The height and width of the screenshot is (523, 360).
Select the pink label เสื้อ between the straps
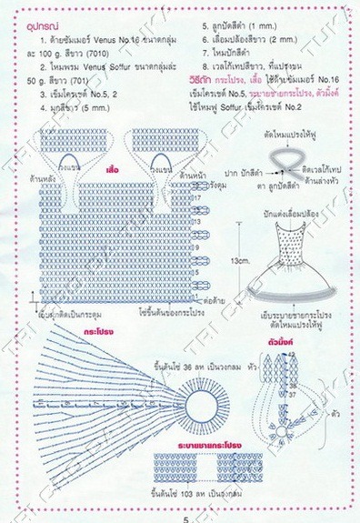coord(114,169)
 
